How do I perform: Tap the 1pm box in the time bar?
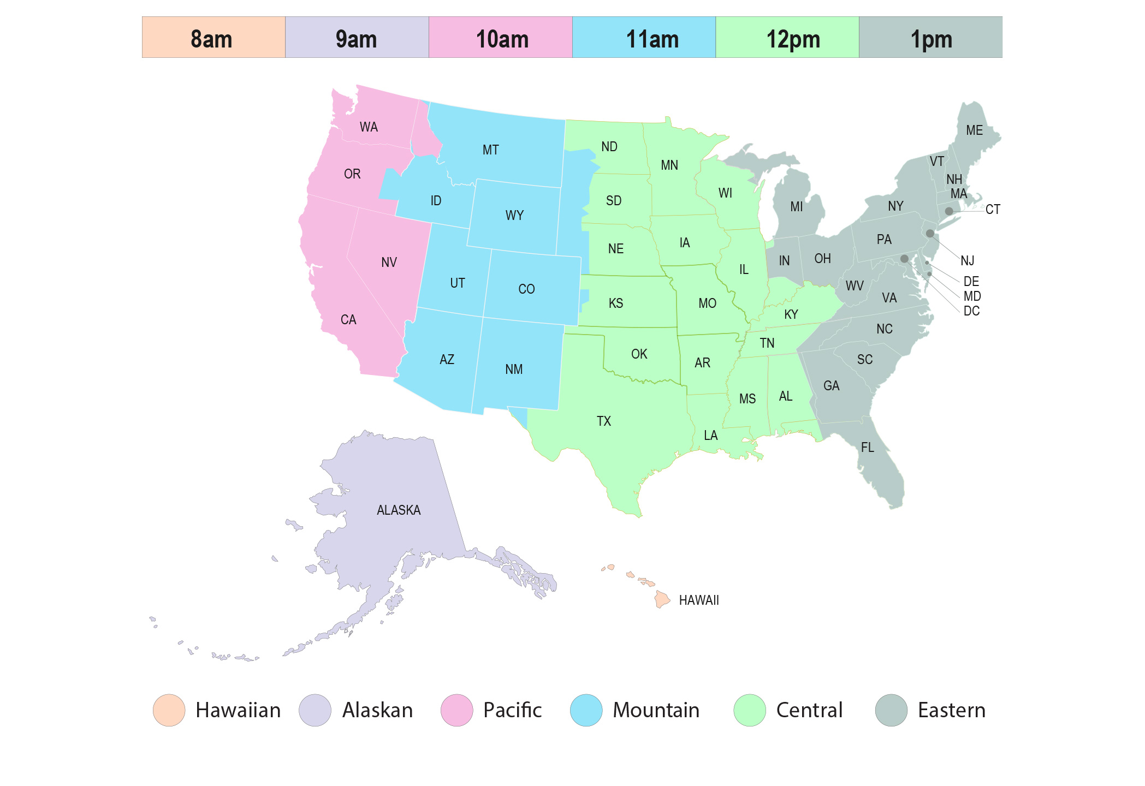930,38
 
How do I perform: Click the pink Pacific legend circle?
456,710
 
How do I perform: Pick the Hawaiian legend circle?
169,710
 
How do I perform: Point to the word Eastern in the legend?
952,710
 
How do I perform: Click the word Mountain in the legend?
656,710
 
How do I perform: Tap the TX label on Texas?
604,421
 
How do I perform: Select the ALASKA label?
399,510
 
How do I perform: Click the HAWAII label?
699,600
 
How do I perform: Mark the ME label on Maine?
974,130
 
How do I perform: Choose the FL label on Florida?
868,448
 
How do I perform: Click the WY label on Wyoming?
514,216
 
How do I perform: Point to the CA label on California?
348,320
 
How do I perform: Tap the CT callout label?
993,210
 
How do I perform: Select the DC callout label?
971,311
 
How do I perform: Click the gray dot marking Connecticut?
949,211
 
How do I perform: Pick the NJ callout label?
968,261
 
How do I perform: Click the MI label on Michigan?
797,207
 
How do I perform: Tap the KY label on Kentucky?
791,314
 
